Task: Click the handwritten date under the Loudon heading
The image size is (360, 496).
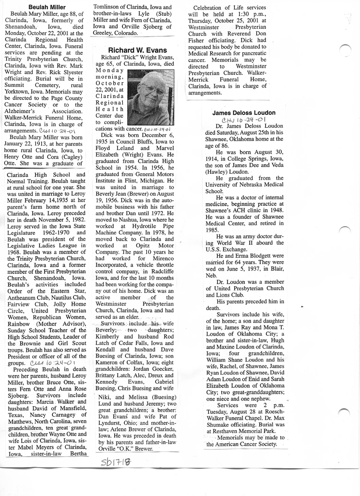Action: (x=244, y=120)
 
